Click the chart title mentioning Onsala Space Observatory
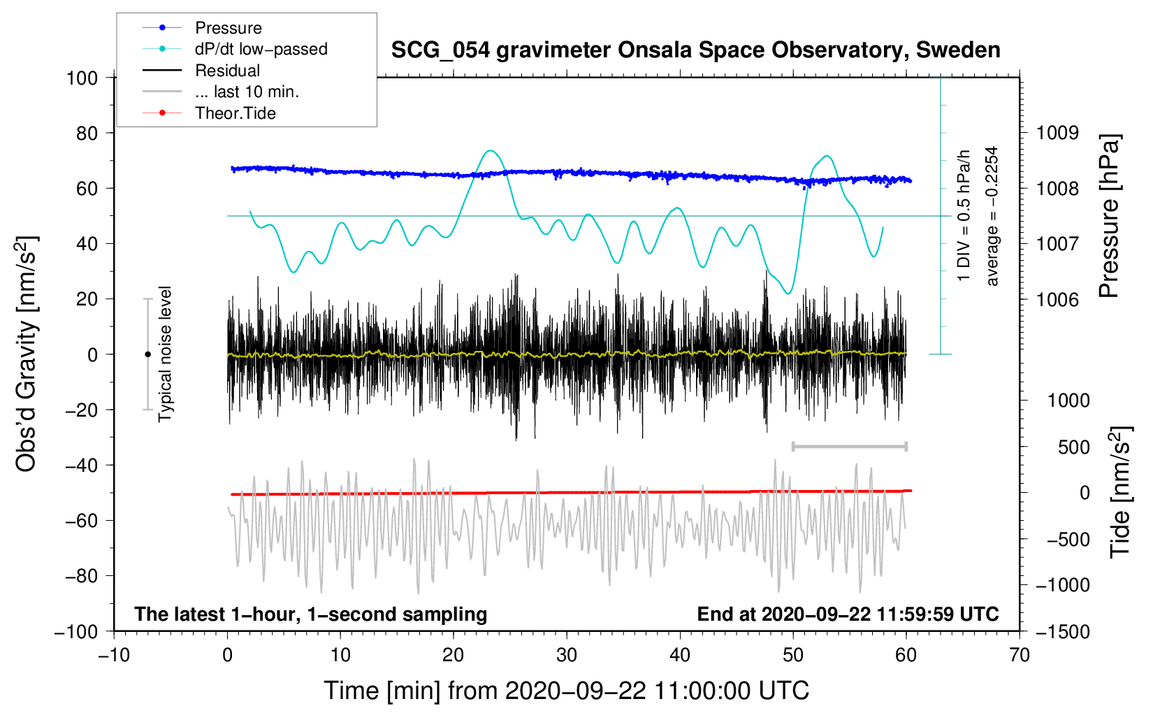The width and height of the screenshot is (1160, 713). [695, 50]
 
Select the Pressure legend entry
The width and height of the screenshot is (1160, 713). [228, 28]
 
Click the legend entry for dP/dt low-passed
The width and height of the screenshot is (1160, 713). [261, 49]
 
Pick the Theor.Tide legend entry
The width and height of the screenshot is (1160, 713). [235, 113]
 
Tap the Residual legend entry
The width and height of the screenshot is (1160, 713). [227, 71]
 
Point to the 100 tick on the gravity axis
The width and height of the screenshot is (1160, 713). [82, 78]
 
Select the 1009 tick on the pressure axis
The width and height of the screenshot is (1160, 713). [1057, 133]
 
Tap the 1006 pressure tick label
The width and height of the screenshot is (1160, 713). [1057, 299]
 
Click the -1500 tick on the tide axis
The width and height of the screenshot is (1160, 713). [1062, 631]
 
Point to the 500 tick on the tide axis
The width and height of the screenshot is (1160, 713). [1073, 447]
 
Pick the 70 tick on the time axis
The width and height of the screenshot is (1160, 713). [1020, 655]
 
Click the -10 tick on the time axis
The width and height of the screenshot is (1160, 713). [114, 655]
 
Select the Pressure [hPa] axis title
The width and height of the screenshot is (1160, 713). [1109, 216]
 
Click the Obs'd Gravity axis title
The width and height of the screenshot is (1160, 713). [26, 354]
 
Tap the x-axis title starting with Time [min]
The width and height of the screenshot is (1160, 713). [567, 691]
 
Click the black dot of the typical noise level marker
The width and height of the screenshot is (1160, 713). [147, 354]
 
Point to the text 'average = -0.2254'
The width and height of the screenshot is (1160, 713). [992, 216]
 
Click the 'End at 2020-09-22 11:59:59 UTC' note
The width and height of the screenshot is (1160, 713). [848, 614]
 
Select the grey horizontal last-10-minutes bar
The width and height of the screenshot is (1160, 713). [849, 446]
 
